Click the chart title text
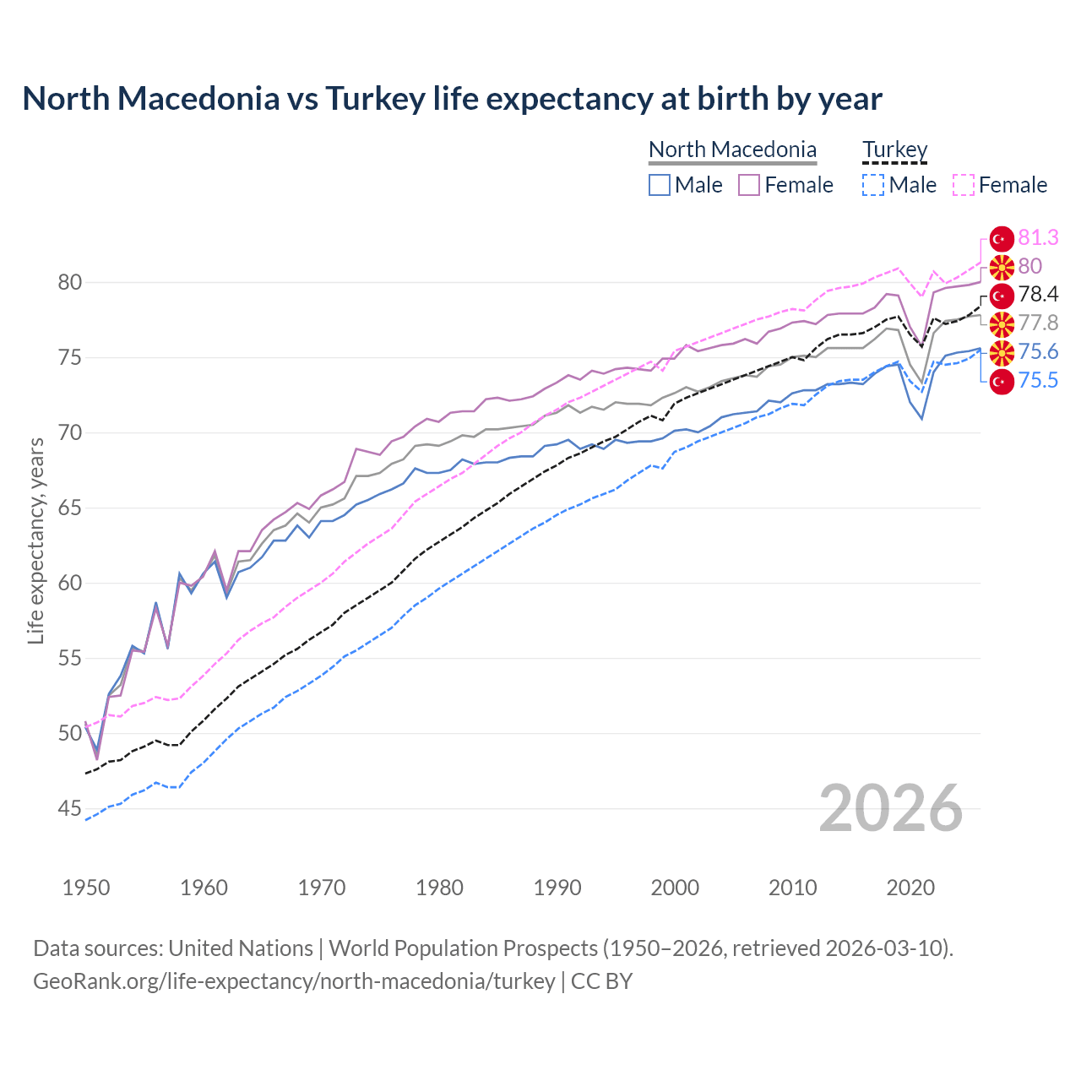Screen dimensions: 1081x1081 coord(452,99)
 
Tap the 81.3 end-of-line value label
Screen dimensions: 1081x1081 coord(1038,237)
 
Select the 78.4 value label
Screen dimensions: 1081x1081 coord(1038,295)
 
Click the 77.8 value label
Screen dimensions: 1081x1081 coord(1038,323)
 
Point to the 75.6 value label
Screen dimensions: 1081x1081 coord(1038,352)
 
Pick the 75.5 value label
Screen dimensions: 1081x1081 coord(1038,381)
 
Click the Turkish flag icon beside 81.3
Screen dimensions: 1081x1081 coord(1001,238)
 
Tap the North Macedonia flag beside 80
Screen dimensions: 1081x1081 coord(1001,267)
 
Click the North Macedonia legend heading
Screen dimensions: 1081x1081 coord(732,150)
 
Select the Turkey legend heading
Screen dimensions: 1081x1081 coord(894,150)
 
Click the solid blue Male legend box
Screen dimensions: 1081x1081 coord(660,185)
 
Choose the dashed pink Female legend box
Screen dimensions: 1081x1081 coord(964,185)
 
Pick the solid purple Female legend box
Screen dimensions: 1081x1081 coord(749,185)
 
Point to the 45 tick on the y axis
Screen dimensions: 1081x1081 coord(70,809)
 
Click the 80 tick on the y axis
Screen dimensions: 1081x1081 coord(70,283)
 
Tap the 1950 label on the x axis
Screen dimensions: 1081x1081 coord(86,888)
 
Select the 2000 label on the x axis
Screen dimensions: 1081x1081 coord(675,888)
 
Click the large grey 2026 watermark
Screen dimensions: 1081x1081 coord(890,809)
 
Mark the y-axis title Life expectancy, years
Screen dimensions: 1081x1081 coord(35,540)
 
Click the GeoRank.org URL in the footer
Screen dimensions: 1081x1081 coord(294,981)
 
